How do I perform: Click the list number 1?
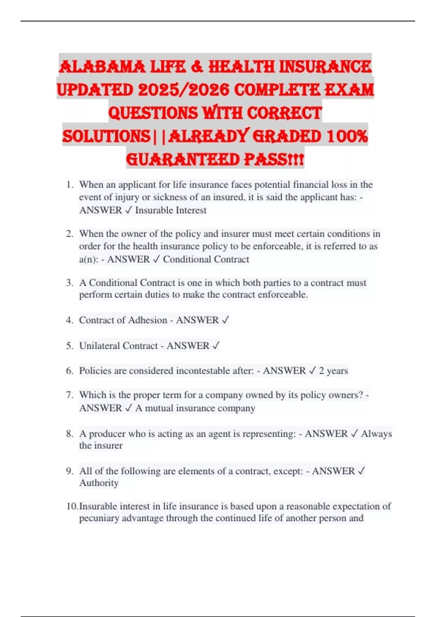point(70,185)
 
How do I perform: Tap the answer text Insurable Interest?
point(171,210)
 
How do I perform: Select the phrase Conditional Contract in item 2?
point(206,259)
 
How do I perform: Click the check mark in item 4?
point(225,320)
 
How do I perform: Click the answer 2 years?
point(333,371)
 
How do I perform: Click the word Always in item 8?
point(376,434)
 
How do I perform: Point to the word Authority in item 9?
point(99,483)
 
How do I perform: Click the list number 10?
point(72,506)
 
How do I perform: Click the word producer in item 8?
point(108,434)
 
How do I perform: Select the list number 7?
point(70,395)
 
